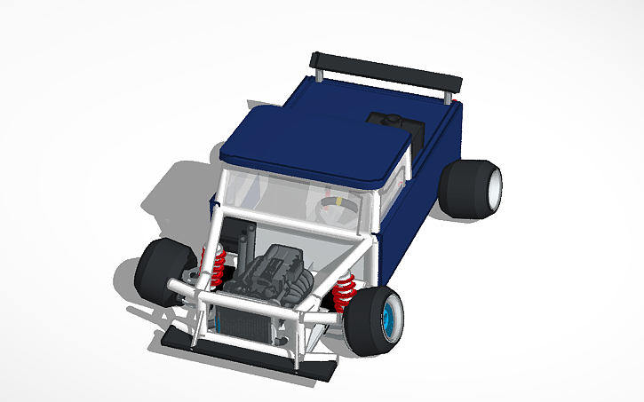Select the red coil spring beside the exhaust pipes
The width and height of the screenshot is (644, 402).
pos(217,264)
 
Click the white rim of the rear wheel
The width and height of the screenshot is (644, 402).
pos(494,185)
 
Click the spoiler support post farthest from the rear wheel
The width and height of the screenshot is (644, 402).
pos(314,72)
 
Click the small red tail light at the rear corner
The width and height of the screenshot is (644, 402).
pos(457,103)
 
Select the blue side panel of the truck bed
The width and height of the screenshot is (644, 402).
pos(417,195)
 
